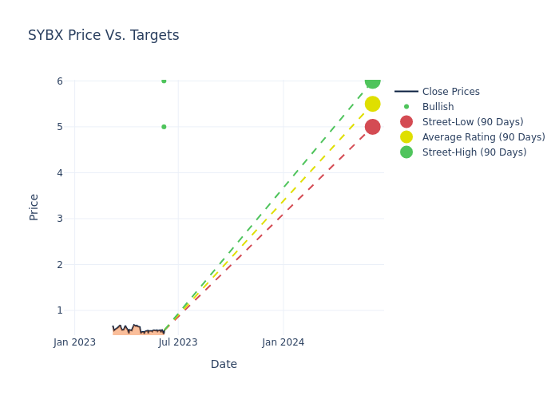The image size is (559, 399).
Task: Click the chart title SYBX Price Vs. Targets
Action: [x=103, y=36]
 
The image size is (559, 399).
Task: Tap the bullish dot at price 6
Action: [x=164, y=81]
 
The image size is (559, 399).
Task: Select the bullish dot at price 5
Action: [x=164, y=127]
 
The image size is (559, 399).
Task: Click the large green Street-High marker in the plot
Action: [x=372, y=81]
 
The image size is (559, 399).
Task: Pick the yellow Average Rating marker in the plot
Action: [x=372, y=104]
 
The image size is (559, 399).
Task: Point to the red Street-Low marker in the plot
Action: [x=372, y=127]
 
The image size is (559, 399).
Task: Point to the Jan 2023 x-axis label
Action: [x=74, y=342]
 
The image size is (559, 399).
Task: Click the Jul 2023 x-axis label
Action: [x=178, y=342]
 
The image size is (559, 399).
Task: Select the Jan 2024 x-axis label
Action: [x=283, y=342]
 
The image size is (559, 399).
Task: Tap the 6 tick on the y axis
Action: [x=59, y=81]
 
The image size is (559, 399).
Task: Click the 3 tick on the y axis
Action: [x=59, y=219]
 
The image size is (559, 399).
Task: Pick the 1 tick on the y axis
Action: [x=59, y=310]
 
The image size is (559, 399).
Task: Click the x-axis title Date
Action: [x=224, y=364]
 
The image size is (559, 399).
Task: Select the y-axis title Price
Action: [x=34, y=207]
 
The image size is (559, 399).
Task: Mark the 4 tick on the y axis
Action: [x=59, y=172]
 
